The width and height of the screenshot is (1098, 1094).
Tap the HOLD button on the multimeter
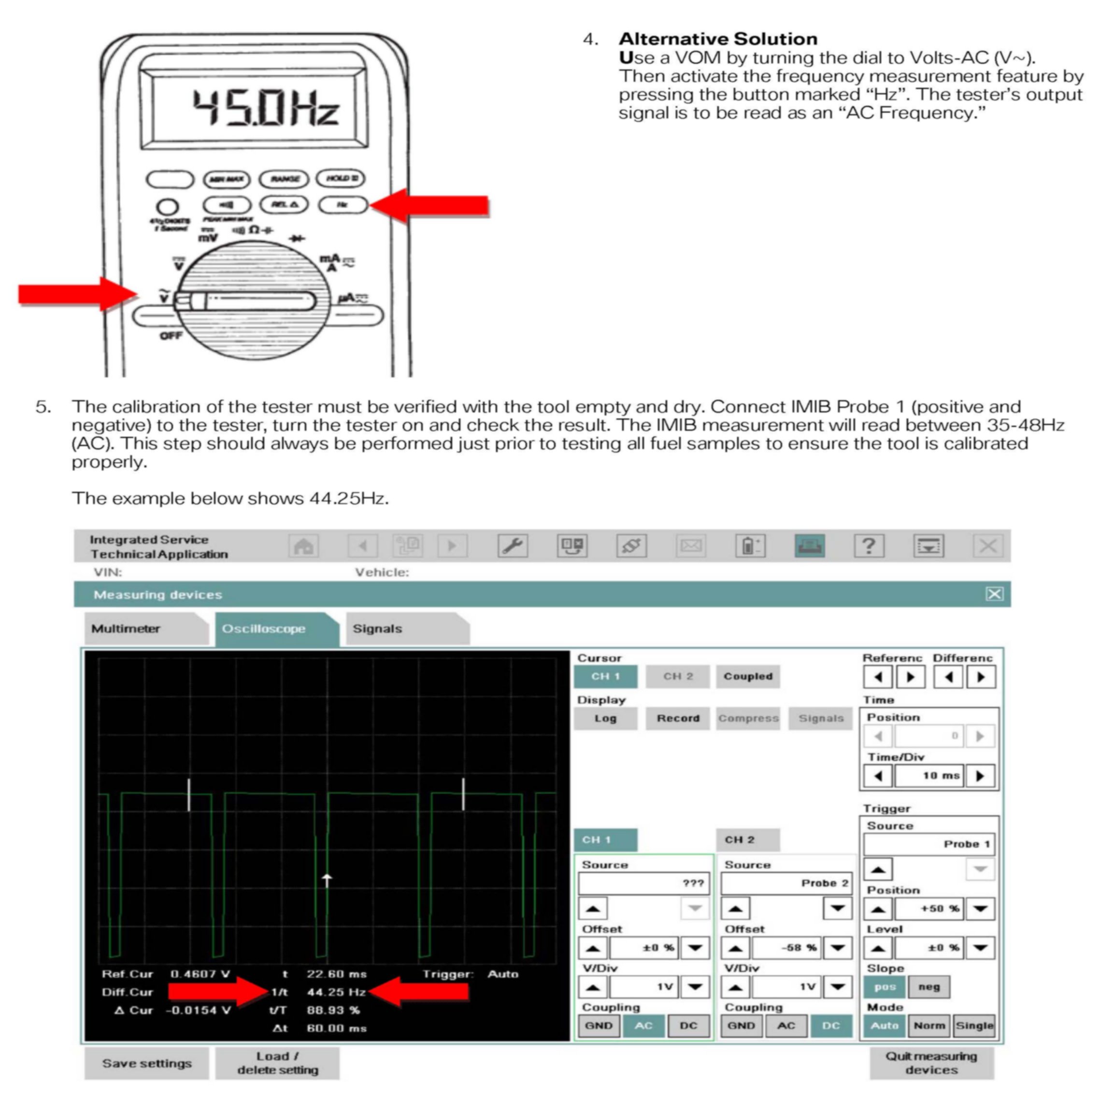coord(341,178)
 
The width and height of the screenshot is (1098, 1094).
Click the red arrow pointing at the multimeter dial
coord(77,294)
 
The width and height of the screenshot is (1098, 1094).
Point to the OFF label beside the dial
coord(171,335)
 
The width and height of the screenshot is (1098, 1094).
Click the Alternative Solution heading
coord(718,39)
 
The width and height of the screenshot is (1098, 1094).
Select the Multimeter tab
coord(126,628)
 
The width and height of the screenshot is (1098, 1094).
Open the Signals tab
coord(377,628)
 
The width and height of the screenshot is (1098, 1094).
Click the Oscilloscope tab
coord(264,628)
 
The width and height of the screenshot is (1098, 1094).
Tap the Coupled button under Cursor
coord(747,676)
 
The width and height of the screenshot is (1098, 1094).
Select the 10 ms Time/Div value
coord(929,776)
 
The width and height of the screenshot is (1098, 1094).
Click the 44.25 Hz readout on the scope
coord(336,992)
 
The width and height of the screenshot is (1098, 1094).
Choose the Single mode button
coord(974,1026)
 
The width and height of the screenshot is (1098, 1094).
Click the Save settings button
coord(147,1063)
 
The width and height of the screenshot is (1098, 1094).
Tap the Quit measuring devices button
coord(931,1063)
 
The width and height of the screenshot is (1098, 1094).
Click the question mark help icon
coord(869,546)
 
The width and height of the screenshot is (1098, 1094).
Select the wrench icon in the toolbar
coord(513,546)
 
